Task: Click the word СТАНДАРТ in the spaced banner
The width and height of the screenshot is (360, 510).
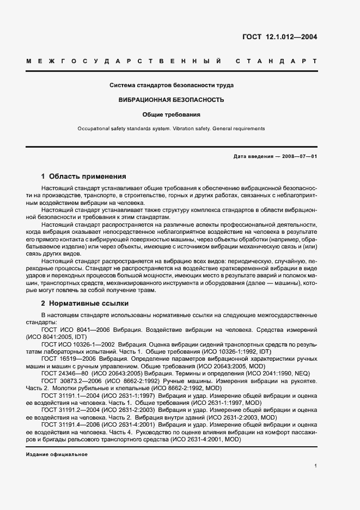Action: [276, 61]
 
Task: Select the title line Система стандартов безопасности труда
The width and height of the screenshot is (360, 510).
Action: [172, 86]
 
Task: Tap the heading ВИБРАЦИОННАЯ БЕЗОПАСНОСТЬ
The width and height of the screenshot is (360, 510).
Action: [172, 100]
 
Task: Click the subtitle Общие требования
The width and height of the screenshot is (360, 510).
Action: [172, 115]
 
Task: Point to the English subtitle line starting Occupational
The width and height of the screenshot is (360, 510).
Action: [172, 129]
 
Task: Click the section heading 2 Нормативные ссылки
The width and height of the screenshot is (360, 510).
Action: [84, 302]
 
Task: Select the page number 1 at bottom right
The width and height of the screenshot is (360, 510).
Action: [316, 466]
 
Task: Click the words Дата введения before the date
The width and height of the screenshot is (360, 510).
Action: [251, 157]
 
